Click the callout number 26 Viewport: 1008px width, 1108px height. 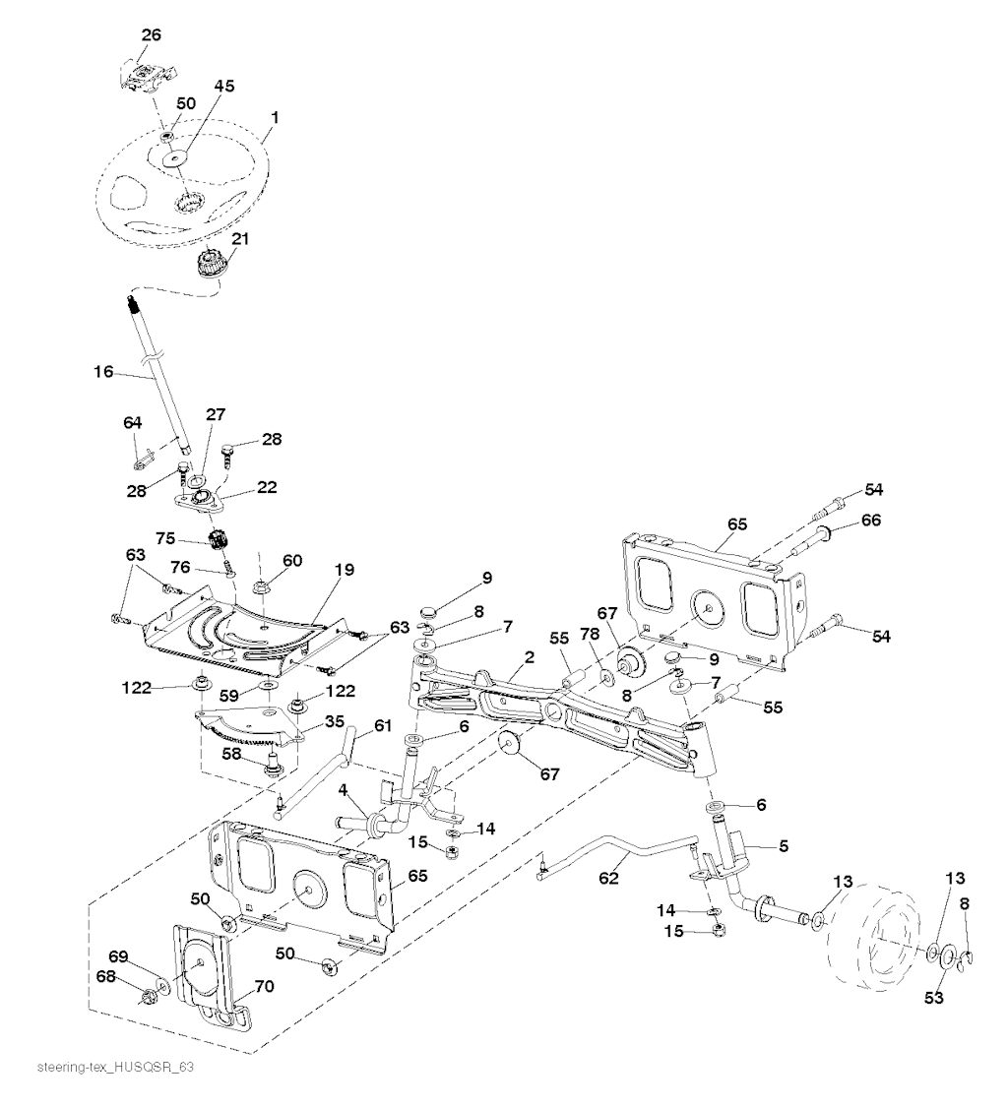[150, 35]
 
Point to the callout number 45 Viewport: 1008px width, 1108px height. [224, 87]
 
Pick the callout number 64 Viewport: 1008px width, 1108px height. [133, 422]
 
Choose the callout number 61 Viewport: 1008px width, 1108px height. [381, 725]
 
